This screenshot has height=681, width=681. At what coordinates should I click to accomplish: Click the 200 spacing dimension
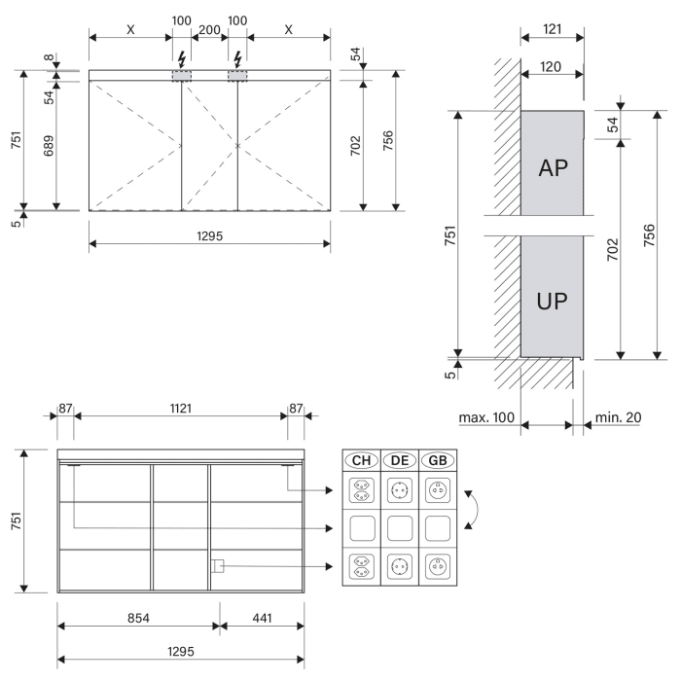point(209,30)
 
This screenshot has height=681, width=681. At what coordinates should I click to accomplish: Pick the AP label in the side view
point(553,168)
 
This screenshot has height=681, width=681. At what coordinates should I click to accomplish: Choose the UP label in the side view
point(553,299)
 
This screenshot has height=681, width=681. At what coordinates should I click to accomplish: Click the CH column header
point(361,459)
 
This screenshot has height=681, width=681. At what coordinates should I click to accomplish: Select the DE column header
point(399,459)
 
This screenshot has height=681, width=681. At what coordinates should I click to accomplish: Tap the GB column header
point(437,459)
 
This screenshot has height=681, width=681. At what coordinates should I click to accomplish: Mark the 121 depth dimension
point(552,30)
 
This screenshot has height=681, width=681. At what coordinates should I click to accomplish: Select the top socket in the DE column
point(399,491)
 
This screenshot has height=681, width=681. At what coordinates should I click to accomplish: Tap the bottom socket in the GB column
point(437,565)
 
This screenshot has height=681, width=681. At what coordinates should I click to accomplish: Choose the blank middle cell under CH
point(361,528)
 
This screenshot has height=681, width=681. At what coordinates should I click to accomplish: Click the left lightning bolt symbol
point(182,55)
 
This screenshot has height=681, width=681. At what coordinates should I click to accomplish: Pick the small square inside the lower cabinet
point(219,566)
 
